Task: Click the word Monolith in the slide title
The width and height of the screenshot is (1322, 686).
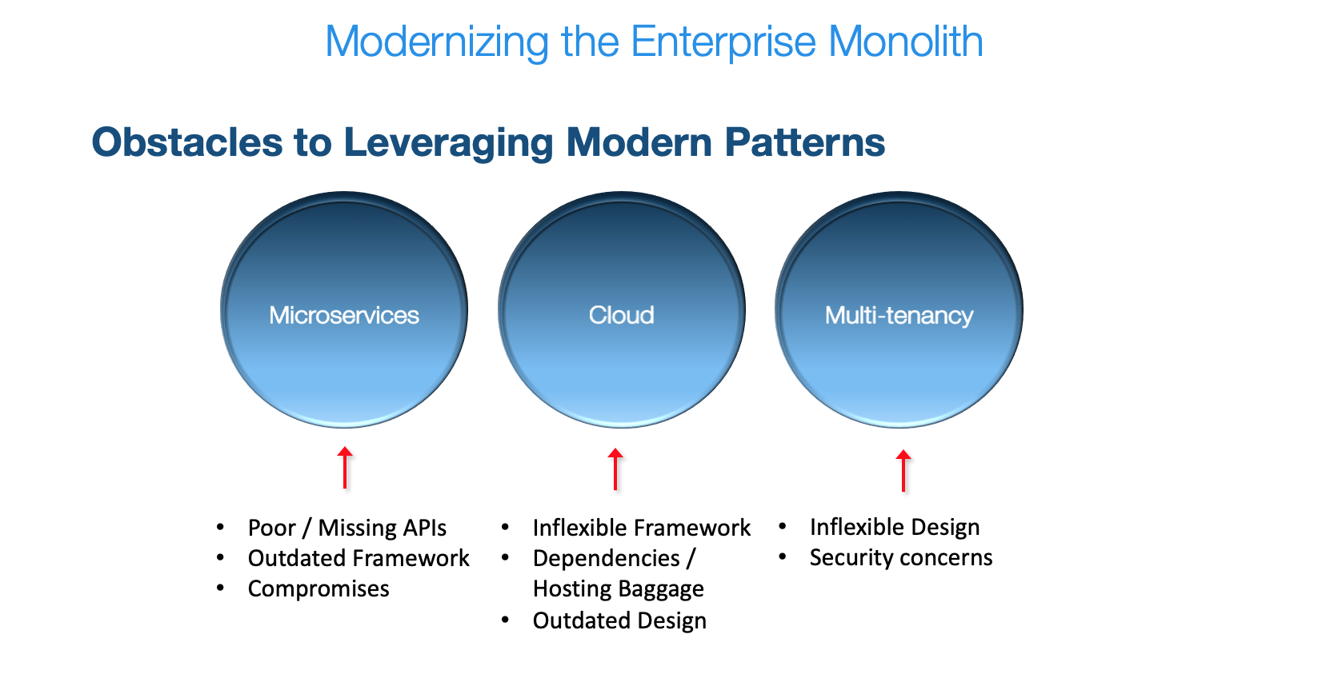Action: pos(905,42)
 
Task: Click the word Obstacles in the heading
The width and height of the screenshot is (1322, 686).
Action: pos(187,142)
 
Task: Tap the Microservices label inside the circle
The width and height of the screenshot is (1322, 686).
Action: pos(344,315)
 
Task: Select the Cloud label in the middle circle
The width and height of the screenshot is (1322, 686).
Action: pos(622,315)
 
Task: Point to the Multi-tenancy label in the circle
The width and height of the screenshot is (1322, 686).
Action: pos(899,316)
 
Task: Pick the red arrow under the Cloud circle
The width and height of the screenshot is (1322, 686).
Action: pos(615,469)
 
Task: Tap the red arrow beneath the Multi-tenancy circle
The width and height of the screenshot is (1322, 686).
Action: pos(903,471)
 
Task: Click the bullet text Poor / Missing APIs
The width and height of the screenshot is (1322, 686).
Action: pos(347,528)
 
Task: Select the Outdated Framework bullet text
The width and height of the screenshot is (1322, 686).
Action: pos(359,558)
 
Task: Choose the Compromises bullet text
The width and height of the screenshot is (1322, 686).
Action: pos(318,588)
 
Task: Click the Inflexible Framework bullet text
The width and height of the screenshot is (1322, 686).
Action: pos(641,528)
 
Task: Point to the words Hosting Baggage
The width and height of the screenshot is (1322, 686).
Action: pos(618,589)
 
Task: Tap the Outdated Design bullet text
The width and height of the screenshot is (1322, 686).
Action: pos(619,620)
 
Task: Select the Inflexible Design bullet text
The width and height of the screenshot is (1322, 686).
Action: pos(894,527)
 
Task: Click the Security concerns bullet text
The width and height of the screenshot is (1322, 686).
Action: pos(900,557)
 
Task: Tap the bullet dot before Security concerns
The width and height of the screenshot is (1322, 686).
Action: pos(783,557)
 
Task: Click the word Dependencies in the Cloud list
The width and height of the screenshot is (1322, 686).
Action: pos(606,558)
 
